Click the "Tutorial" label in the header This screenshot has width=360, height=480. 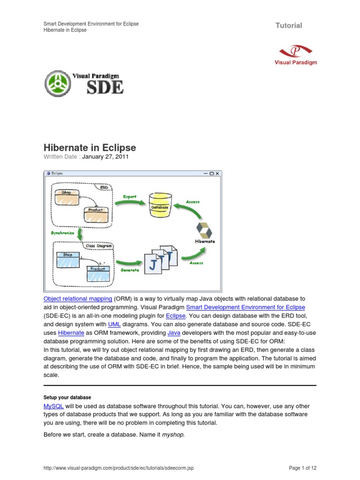pos(289,25)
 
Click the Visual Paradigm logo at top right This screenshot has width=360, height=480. pos(295,54)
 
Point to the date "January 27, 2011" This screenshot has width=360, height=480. pos(105,157)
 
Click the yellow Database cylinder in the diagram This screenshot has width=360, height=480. pos(159,205)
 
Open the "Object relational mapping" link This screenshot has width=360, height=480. pos(77,298)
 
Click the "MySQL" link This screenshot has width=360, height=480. pos(53,406)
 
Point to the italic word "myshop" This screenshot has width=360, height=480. pos(173,435)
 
